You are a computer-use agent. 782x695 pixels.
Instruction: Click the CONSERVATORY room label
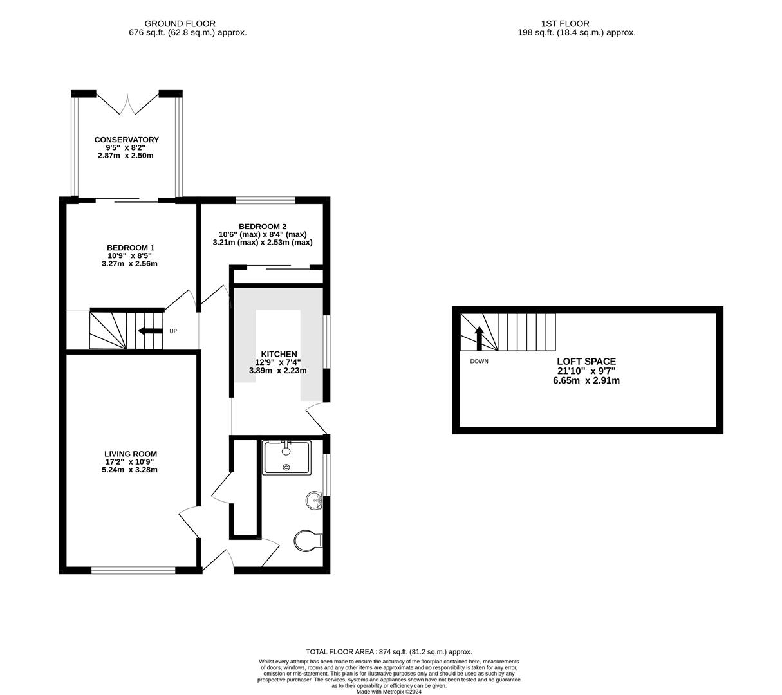click(126, 140)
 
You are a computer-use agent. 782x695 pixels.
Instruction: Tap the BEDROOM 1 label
click(131, 248)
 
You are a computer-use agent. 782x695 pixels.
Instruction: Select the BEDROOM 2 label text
click(262, 227)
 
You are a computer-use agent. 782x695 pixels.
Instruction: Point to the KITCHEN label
click(279, 354)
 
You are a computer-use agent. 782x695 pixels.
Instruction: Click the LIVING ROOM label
click(131, 454)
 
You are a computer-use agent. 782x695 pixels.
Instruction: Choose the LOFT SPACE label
click(586, 362)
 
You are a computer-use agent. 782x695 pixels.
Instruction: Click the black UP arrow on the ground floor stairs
click(151, 331)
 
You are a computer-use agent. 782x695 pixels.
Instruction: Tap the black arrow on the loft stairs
click(479, 338)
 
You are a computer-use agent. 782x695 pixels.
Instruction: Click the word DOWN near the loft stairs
click(479, 362)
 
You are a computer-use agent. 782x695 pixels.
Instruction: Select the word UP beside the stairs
click(173, 331)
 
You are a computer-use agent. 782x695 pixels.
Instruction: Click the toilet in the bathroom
click(308, 539)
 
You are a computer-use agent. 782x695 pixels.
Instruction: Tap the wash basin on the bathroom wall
click(315, 500)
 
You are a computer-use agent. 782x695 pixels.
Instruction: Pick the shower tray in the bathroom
click(286, 458)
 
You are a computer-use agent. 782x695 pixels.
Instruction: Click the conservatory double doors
click(127, 104)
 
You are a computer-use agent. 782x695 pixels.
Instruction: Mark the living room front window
click(133, 570)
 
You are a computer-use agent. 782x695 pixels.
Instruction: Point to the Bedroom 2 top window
click(265, 199)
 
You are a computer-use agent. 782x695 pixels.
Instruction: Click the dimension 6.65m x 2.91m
click(586, 380)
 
